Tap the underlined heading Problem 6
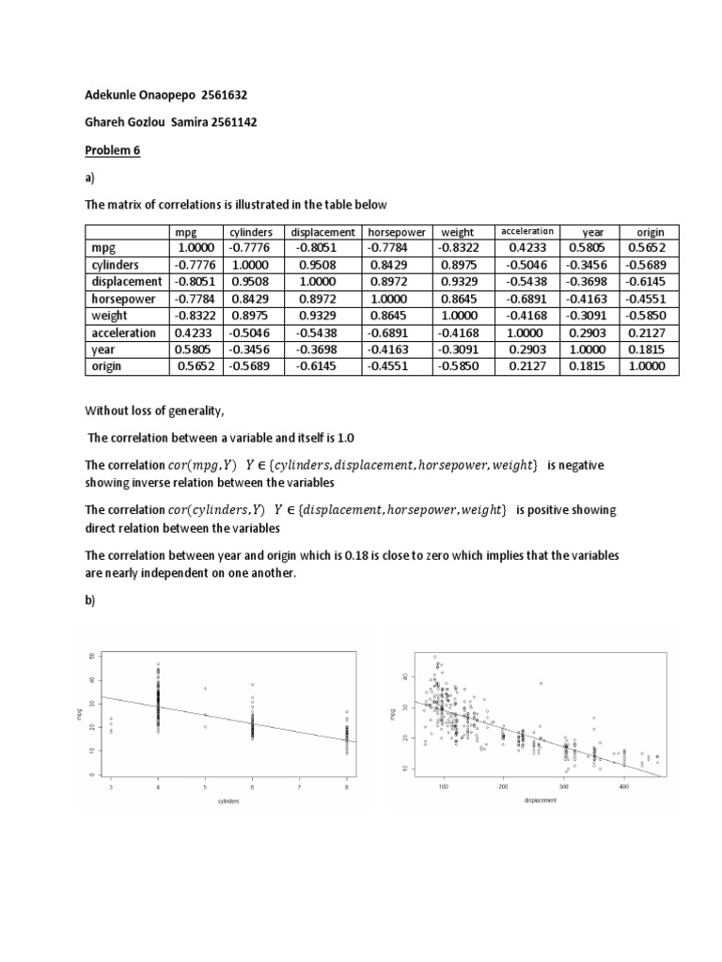[x=114, y=150]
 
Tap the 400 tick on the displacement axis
[x=623, y=786]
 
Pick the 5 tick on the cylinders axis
[x=204, y=786]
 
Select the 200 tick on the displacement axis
[x=504, y=786]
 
